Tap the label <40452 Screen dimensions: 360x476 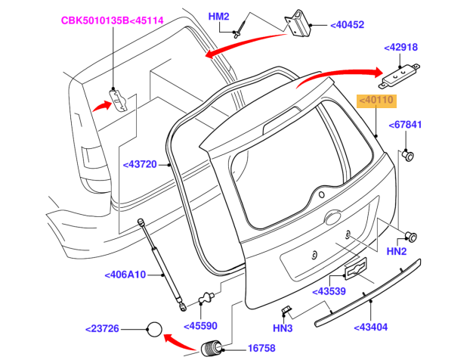click(347, 25)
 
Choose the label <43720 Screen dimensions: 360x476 click(139, 163)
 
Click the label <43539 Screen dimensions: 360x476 click(330, 290)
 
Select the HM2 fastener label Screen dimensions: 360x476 click(220, 16)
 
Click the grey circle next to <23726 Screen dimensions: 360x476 click(154, 329)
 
